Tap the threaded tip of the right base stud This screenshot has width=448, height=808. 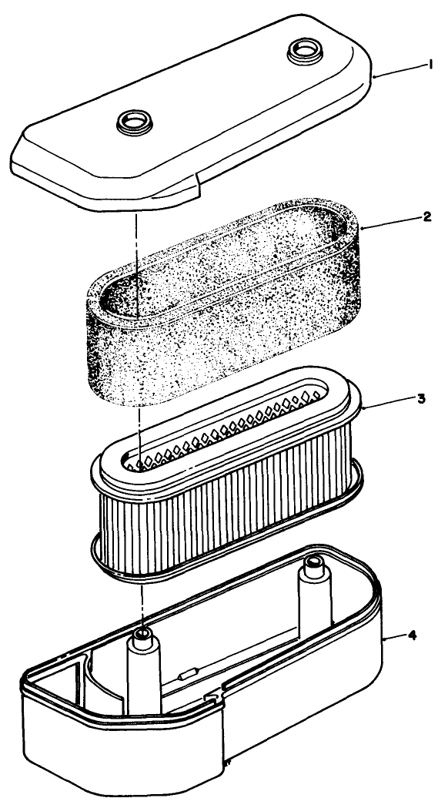click(313, 564)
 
